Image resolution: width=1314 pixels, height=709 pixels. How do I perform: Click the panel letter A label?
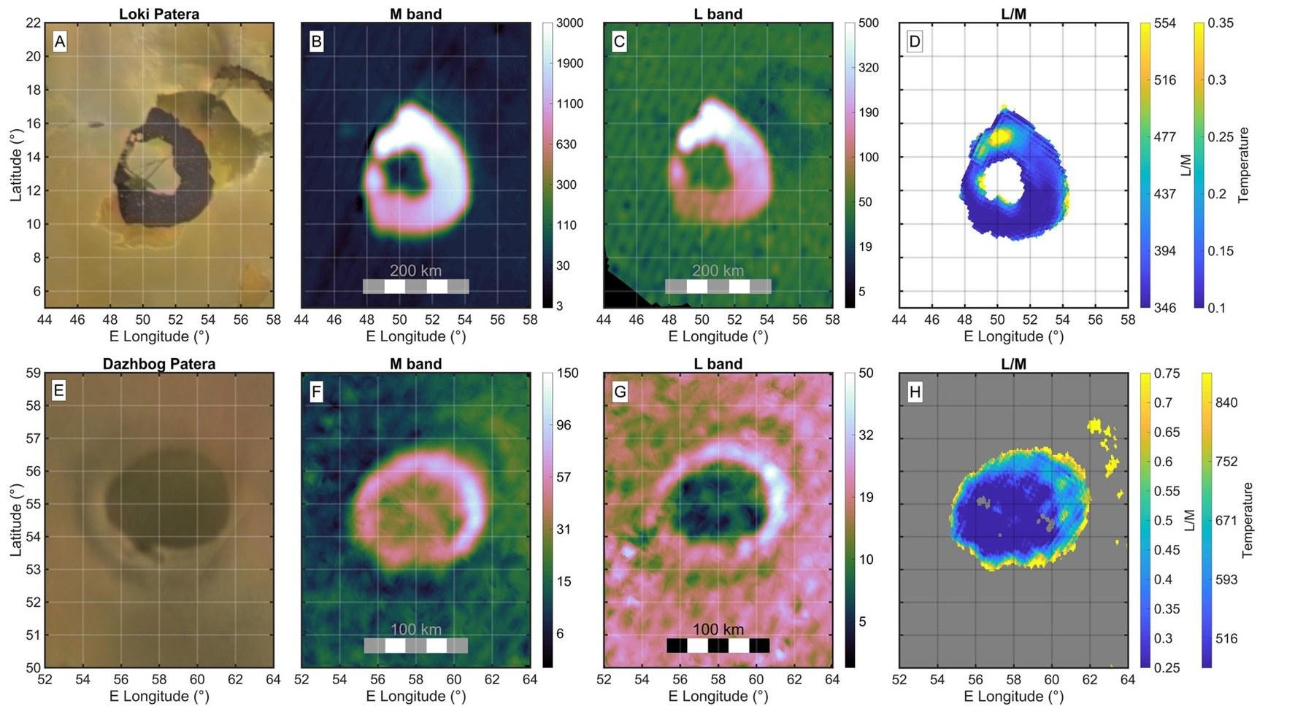click(60, 42)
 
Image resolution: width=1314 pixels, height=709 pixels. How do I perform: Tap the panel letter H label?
click(915, 392)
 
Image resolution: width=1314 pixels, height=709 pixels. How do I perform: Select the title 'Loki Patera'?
click(159, 14)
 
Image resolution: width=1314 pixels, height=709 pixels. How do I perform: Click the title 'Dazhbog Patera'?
click(159, 363)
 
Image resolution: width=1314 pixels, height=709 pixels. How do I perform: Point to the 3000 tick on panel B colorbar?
click(569, 23)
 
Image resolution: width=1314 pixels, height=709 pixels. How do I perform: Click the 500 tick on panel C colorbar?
click(869, 23)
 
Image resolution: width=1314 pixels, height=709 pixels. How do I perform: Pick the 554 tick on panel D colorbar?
click(1165, 23)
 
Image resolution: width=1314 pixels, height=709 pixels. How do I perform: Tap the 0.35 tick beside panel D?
click(1221, 23)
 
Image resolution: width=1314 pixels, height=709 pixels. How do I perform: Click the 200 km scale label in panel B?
click(415, 271)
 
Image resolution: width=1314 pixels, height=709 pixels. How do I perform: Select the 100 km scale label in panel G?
click(718, 629)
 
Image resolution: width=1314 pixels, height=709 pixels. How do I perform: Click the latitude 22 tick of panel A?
click(33, 23)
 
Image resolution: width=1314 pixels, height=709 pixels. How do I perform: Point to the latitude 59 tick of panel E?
click(33, 373)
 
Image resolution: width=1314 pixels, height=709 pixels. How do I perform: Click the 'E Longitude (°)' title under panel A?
click(159, 336)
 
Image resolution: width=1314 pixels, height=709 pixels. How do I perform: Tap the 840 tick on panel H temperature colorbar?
click(1226, 403)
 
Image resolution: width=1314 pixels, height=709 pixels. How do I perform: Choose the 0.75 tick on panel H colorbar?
click(1167, 373)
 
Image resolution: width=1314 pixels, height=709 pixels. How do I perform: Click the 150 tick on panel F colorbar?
click(567, 373)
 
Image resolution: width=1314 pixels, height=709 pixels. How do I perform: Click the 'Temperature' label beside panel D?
click(1243, 165)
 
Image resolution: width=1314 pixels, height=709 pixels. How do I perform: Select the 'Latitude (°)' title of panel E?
click(16, 519)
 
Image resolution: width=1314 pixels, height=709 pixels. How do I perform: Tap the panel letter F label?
click(316, 392)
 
